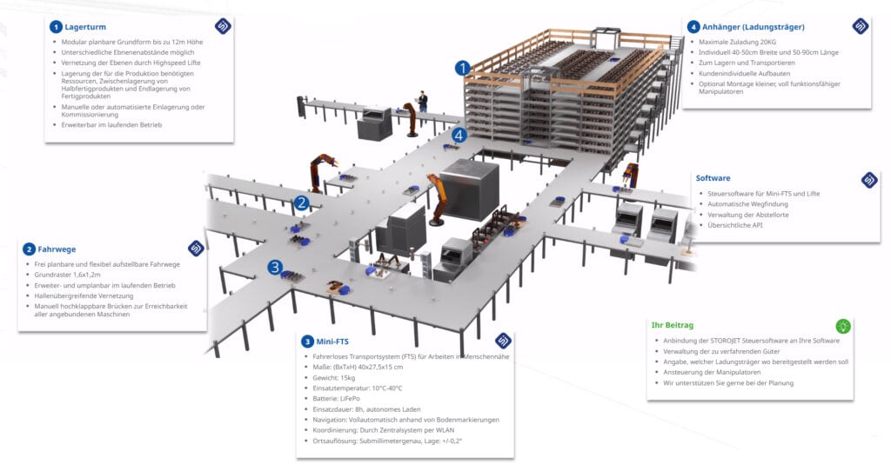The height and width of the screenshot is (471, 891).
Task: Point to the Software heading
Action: point(713,178)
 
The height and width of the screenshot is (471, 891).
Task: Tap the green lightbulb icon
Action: point(842,326)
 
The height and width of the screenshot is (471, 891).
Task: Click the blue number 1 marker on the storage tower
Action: point(464,67)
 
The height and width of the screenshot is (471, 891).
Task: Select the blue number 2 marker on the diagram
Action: point(301,203)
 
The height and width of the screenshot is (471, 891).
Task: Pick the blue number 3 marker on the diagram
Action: point(274,268)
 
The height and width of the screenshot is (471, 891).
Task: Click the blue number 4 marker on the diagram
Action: point(459,135)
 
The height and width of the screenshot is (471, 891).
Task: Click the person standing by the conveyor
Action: point(423,101)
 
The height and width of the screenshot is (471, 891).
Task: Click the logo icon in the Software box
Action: point(868,180)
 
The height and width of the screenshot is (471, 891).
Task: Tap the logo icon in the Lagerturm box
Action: point(223,26)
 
